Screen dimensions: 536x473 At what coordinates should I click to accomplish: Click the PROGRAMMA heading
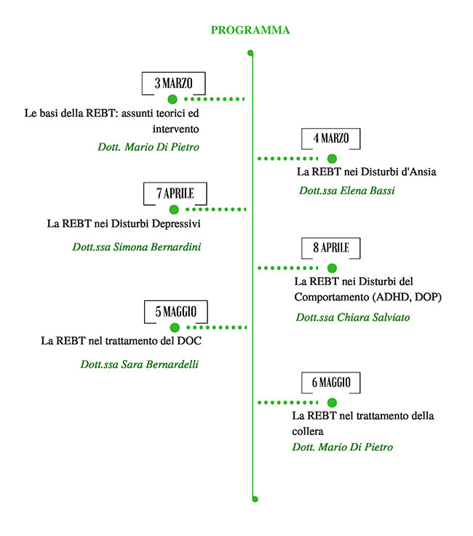coord(250,31)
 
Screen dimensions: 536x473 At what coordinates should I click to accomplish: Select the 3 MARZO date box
coord(173,83)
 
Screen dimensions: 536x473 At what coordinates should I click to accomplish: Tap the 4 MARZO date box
coord(331,139)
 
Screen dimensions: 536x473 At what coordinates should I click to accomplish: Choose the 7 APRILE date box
coord(175,193)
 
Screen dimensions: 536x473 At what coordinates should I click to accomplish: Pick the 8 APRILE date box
coord(331,249)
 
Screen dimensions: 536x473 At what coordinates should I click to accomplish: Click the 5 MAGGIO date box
coord(175,313)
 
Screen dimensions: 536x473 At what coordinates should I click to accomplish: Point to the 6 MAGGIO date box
coord(331,383)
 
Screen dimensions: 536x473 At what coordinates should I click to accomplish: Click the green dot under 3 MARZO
coord(172,99)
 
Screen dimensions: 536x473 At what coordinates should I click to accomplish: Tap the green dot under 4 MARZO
coord(332,158)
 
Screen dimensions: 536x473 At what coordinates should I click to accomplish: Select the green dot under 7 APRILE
coord(174,209)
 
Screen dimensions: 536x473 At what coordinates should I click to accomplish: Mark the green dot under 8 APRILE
coord(332,268)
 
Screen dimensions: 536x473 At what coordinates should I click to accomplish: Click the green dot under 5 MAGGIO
coord(175,328)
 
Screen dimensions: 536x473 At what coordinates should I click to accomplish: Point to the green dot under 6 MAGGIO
coord(332,402)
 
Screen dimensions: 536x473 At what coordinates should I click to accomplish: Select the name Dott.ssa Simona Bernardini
coord(137,247)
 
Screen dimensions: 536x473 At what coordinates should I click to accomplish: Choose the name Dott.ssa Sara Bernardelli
coord(140,364)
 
